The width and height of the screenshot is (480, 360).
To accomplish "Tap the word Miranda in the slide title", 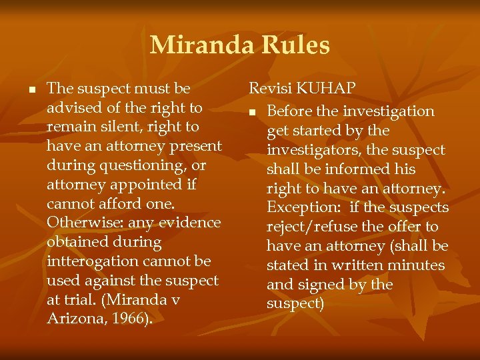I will tap(201, 45).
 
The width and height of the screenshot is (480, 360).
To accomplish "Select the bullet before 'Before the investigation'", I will tap(254, 112).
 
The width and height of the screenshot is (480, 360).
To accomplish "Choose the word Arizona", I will tap(72, 319).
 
